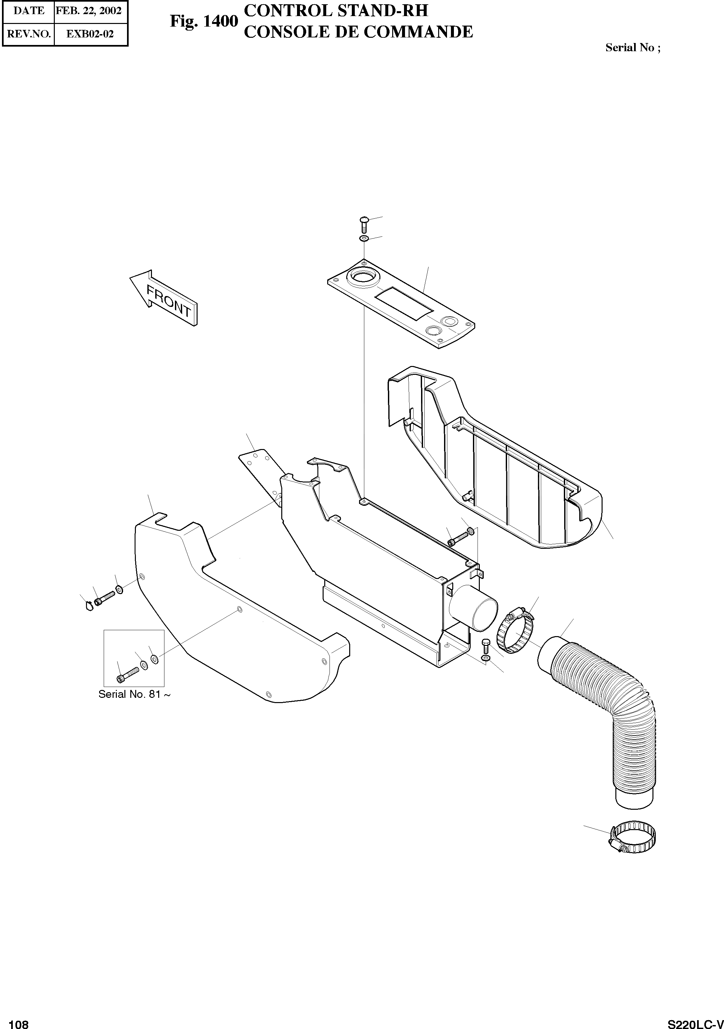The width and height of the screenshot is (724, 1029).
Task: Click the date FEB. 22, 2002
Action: (x=89, y=11)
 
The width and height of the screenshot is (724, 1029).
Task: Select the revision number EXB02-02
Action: (x=90, y=34)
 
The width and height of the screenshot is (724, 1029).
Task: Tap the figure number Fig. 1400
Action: (x=204, y=21)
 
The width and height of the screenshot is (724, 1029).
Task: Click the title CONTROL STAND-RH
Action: (x=335, y=10)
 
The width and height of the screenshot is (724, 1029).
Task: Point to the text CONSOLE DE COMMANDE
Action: (x=358, y=32)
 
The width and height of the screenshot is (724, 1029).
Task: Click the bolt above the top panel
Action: (x=363, y=223)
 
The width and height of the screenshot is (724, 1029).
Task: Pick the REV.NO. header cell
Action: (x=29, y=34)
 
